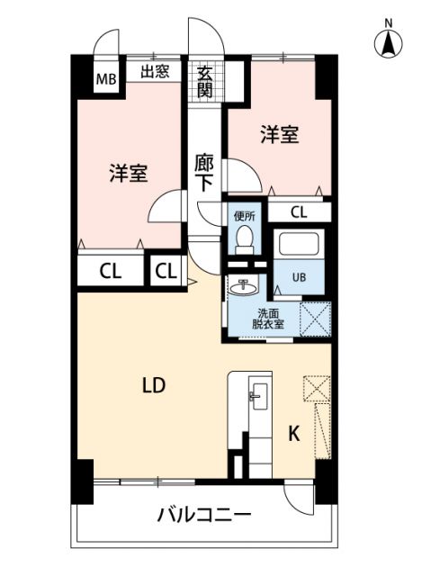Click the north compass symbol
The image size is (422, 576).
point(389,41)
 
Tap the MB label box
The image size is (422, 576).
point(107,77)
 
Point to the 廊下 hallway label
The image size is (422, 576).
point(204,172)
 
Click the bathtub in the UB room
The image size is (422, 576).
point(301,246)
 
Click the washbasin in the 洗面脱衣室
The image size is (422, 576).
point(244,288)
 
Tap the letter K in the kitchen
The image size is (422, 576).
point(293,434)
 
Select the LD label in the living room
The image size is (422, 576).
point(154,385)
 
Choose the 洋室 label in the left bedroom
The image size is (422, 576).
point(129,174)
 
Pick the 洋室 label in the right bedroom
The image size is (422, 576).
point(280,135)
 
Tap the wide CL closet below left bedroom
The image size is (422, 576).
point(112,270)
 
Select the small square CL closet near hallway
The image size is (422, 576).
point(165,270)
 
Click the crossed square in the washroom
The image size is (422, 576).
point(315,318)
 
